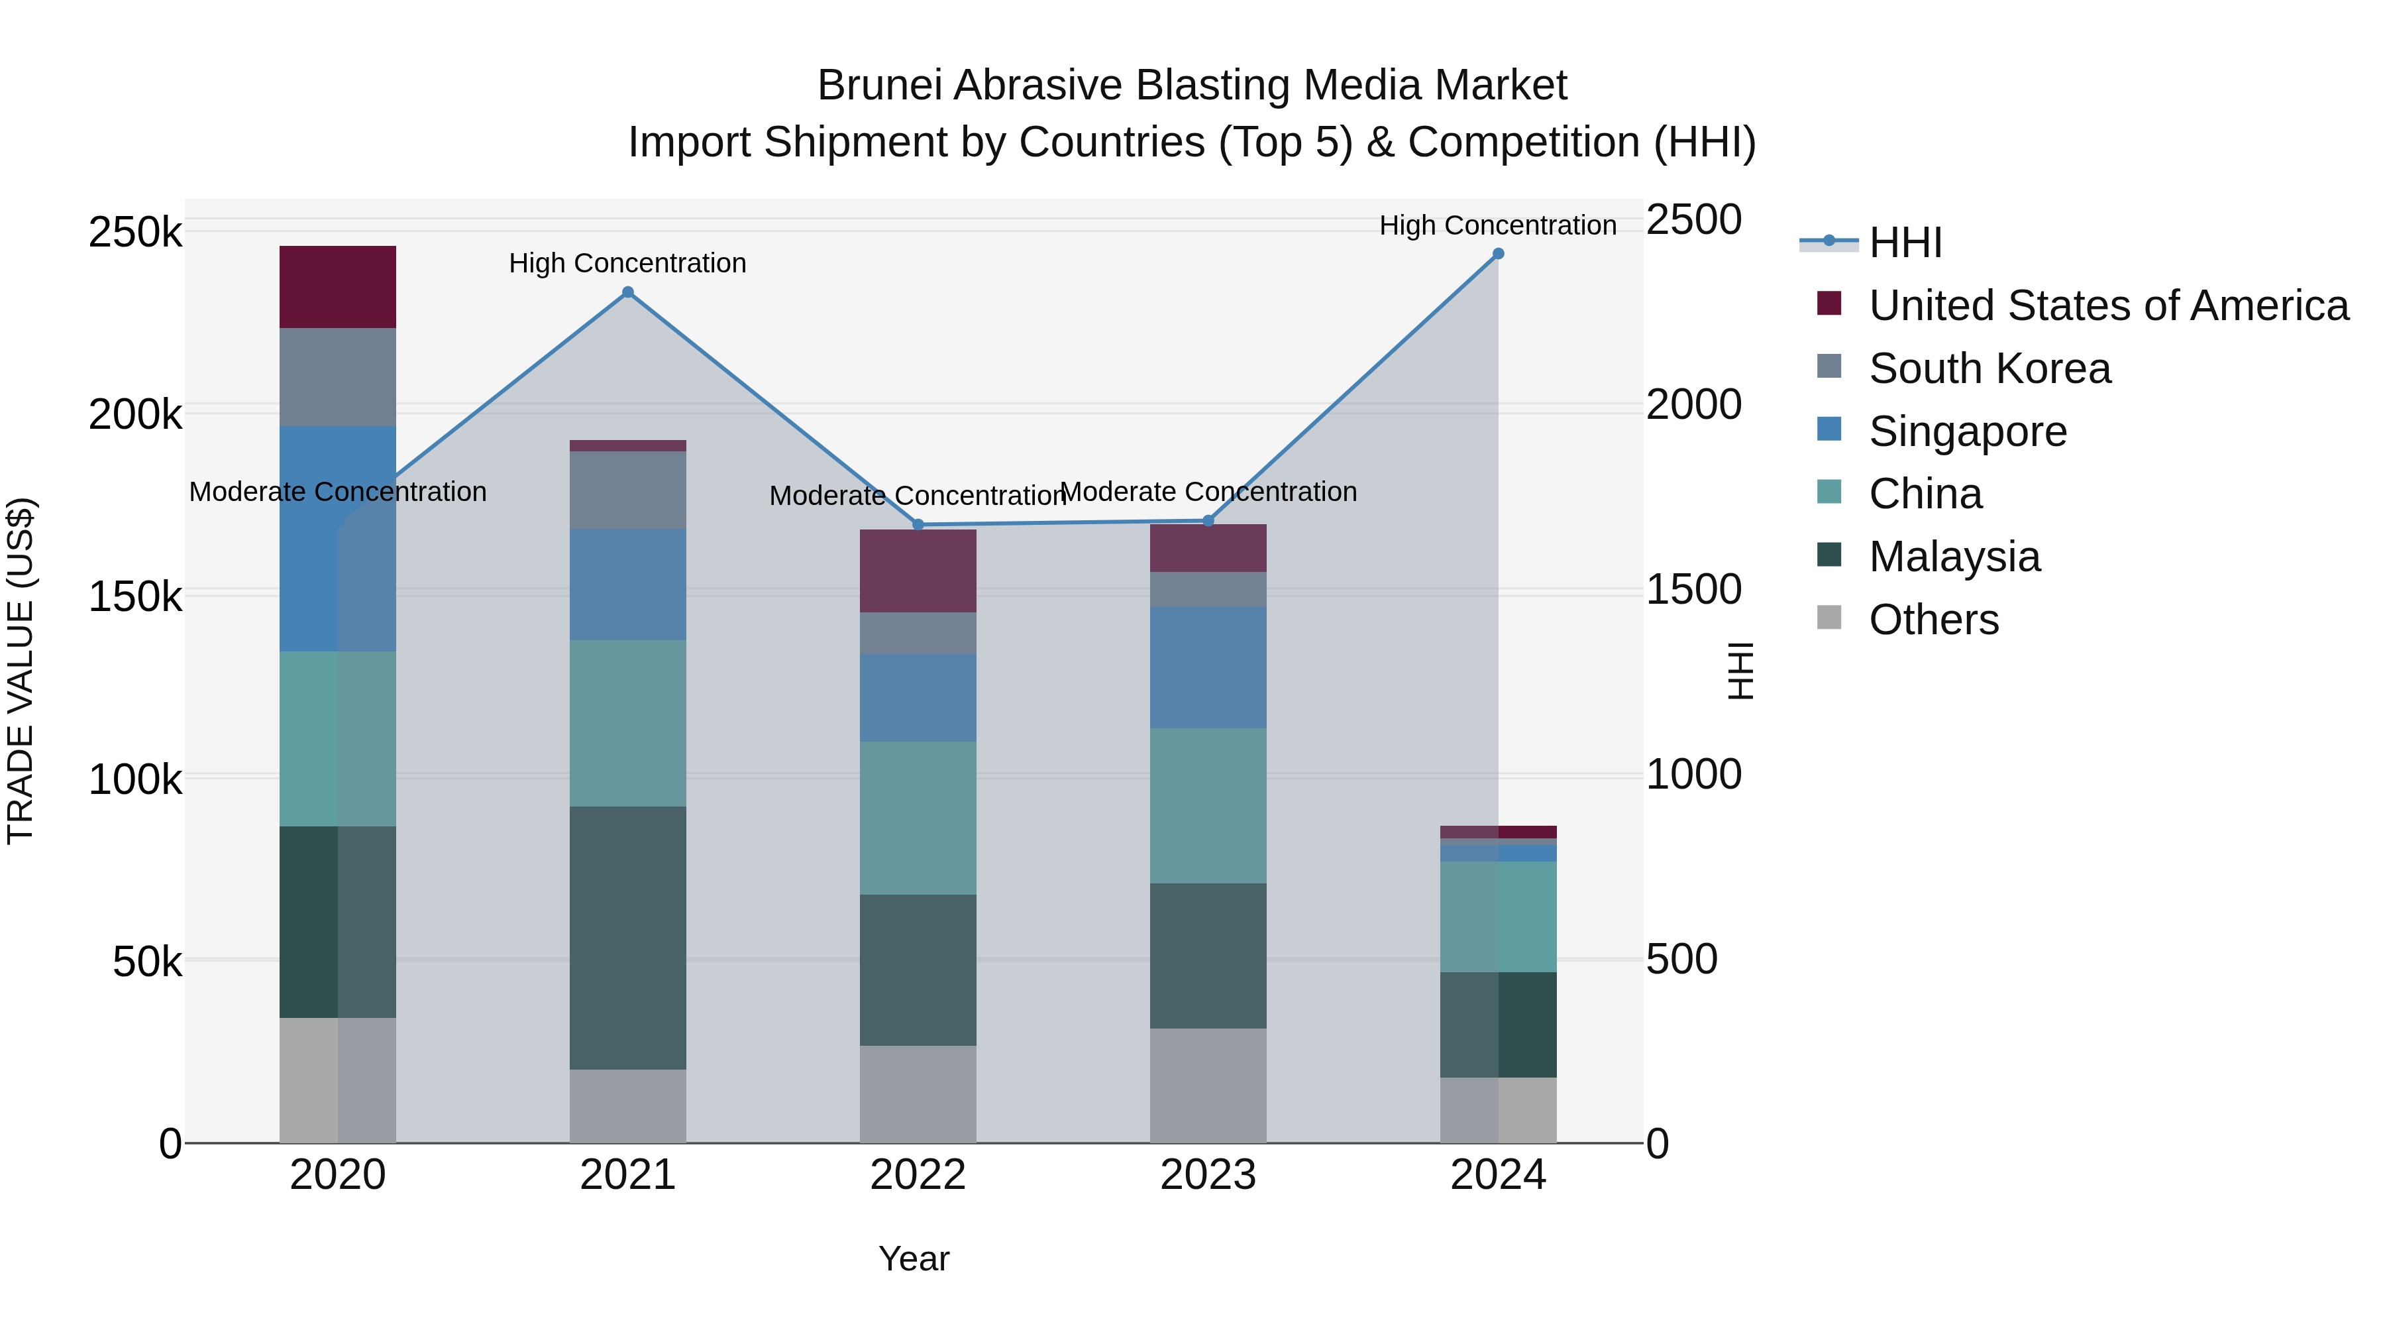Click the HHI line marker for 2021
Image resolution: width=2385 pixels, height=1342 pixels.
coord(628,293)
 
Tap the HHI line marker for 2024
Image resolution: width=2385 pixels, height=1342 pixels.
coord(1498,254)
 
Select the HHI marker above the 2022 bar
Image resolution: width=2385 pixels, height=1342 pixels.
coord(918,525)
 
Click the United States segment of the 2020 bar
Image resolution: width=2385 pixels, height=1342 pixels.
coord(338,287)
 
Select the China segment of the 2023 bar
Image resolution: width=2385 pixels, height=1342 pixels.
coord(1208,806)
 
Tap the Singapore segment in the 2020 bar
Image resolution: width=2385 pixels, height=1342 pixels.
coord(338,538)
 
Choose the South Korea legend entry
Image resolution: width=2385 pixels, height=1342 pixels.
coord(1989,368)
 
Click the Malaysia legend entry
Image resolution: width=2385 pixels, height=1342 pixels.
coord(1954,557)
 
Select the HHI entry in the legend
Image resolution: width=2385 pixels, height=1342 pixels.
coord(1905,243)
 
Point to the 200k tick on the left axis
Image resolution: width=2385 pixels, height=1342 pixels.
coord(136,414)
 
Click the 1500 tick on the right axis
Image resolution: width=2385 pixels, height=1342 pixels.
coord(1693,590)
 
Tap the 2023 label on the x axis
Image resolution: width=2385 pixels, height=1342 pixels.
coord(1208,1175)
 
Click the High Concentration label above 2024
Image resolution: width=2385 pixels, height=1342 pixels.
coord(1498,225)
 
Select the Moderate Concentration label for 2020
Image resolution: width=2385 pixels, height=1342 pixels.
coord(338,492)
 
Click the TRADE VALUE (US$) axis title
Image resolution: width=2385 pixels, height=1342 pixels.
coord(21,671)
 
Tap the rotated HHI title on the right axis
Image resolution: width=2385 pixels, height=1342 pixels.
coord(1740,671)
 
